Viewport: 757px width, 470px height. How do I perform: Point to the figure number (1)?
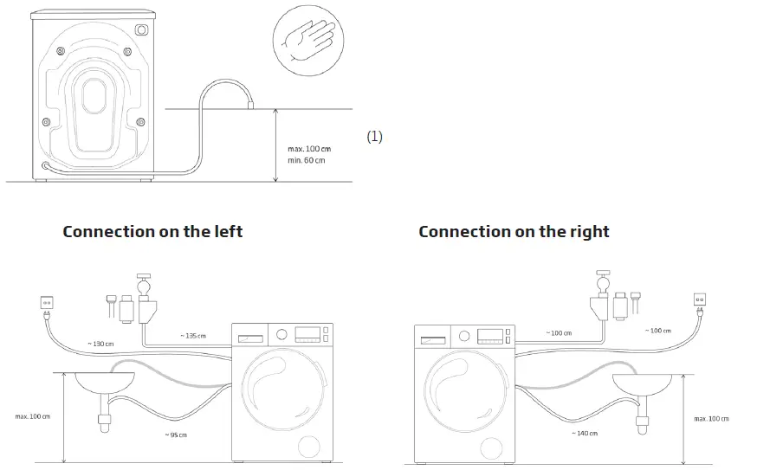374,136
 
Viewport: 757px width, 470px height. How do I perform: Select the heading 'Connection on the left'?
152,232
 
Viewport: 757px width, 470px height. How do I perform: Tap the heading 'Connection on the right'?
514,232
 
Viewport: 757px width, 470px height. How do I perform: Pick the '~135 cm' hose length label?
193,336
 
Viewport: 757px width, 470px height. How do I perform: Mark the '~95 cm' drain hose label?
178,434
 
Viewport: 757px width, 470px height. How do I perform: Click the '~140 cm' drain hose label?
584,433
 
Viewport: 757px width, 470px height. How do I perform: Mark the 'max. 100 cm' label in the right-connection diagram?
711,419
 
